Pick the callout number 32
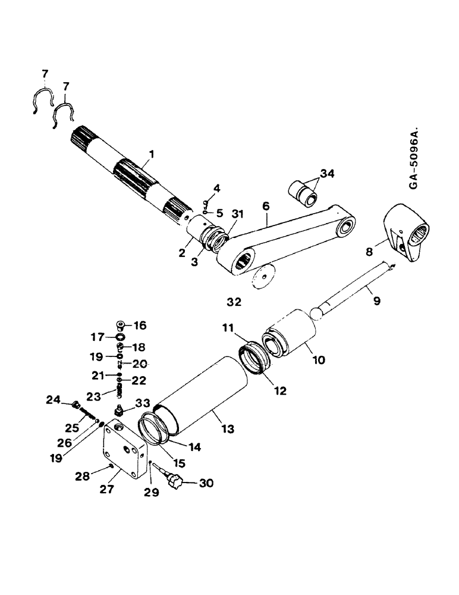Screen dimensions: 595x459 pyautogui.click(x=234, y=302)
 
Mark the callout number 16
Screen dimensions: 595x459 pyautogui.click(x=140, y=325)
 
